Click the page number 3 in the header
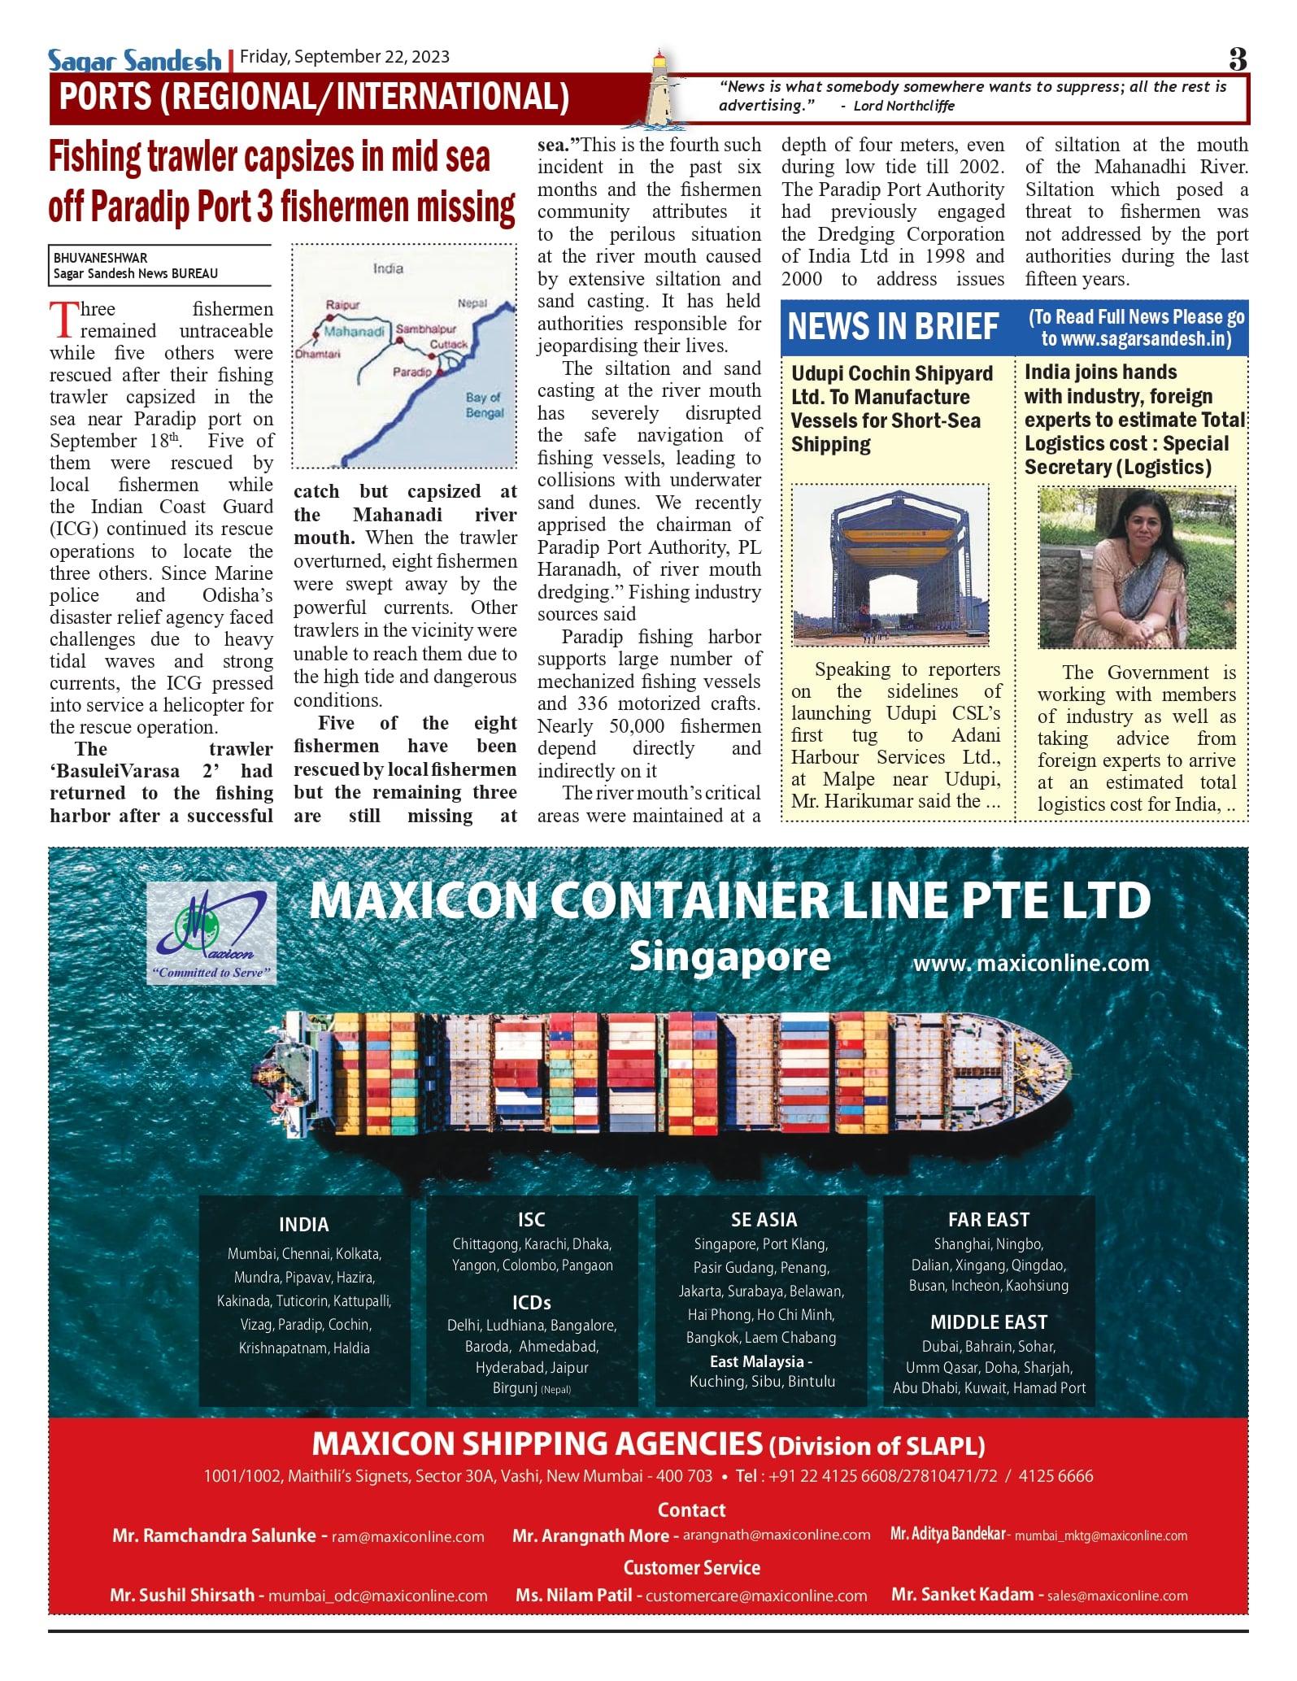(x=1237, y=59)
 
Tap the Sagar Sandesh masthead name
(x=134, y=60)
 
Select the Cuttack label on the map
(x=449, y=344)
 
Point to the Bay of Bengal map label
(x=485, y=405)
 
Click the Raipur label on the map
(x=342, y=305)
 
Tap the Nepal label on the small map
(x=472, y=303)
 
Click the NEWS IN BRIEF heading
(x=892, y=327)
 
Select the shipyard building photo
(x=890, y=566)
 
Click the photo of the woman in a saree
(x=1137, y=568)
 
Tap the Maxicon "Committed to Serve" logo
(x=211, y=933)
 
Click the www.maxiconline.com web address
(x=1030, y=964)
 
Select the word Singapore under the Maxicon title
(x=729, y=957)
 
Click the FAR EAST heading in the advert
(x=988, y=1220)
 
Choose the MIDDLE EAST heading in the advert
(x=988, y=1322)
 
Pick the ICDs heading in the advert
(x=532, y=1303)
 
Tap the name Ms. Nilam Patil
(x=573, y=1595)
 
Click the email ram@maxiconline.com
(x=407, y=1537)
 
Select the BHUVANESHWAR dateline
(x=101, y=259)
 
